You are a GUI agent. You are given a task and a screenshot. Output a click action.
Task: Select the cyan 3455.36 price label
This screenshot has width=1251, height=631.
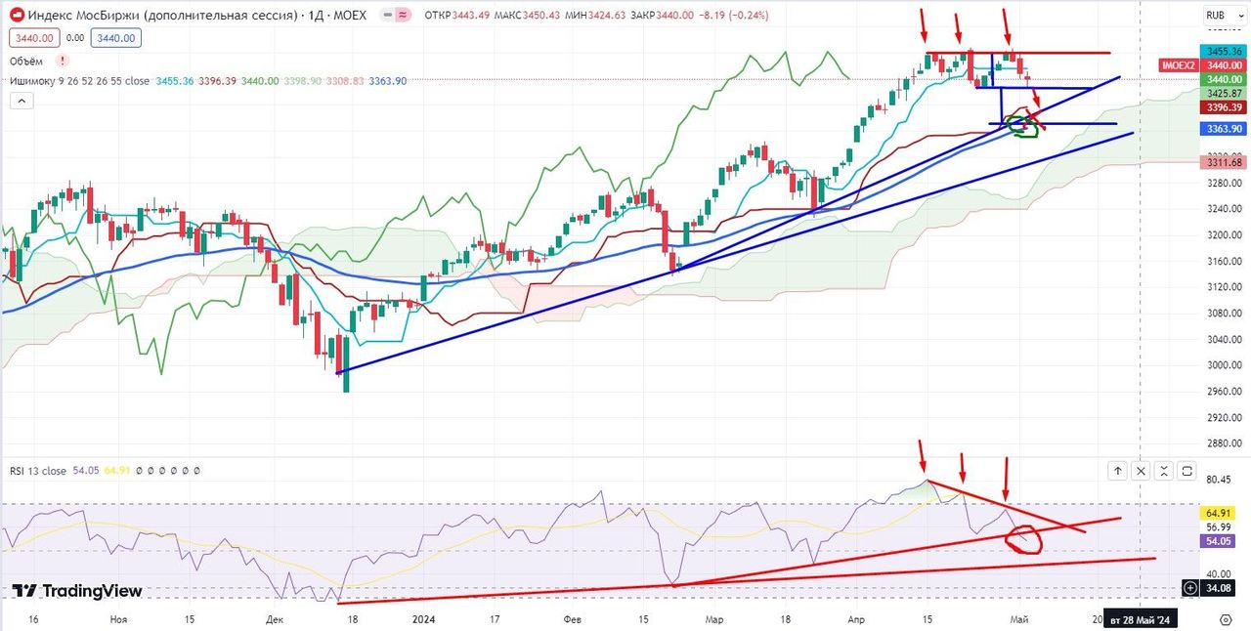click(1224, 51)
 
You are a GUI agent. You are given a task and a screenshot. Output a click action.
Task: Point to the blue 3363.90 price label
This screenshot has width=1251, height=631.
click(1224, 128)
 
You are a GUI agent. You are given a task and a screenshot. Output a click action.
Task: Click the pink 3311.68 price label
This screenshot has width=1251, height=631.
click(1224, 162)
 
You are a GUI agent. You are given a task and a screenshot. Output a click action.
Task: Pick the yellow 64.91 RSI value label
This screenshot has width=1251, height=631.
click(1217, 512)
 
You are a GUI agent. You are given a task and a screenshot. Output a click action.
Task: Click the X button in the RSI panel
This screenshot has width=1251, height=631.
click(1141, 471)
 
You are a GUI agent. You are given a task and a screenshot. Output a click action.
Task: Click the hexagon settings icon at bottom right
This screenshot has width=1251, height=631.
click(1226, 618)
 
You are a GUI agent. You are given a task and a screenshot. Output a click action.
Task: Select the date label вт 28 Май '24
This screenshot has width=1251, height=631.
click(1142, 619)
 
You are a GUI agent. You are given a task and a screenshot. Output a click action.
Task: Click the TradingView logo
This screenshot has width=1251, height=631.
click(77, 591)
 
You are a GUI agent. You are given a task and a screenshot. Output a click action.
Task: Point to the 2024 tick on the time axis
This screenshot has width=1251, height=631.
click(423, 619)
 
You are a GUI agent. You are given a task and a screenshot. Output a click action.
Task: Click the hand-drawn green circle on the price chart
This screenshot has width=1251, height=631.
click(1022, 126)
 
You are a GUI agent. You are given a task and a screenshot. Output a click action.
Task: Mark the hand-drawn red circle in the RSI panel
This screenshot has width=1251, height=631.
click(1025, 539)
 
